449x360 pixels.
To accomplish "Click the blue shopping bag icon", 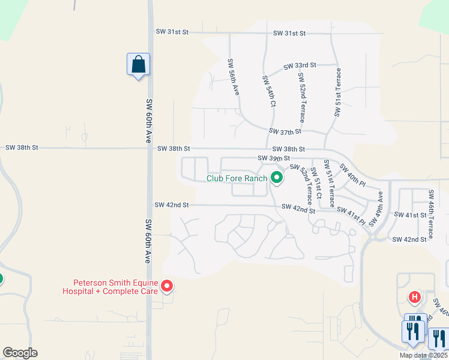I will coord(138,64).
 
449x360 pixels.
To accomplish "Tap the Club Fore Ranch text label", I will coord(236,178).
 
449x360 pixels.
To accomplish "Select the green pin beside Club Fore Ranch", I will coord(276,178).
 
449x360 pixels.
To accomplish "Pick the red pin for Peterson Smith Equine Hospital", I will coord(167,287).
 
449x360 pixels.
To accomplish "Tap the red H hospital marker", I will coord(414,296).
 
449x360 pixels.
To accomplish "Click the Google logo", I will coord(20,353).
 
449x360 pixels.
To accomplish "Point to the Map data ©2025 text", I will coord(423,355).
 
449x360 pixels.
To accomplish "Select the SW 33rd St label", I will coord(300,65).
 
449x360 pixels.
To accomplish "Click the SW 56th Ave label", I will coord(234,77).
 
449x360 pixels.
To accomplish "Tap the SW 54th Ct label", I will coord(268,91).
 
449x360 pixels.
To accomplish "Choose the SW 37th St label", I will coord(285,131).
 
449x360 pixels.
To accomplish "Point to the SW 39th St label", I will coord(273,158).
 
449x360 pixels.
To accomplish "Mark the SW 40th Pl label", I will coord(352,175).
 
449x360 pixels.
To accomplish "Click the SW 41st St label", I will coord(409,214).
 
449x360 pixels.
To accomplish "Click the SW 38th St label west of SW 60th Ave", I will coord(22,147).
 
